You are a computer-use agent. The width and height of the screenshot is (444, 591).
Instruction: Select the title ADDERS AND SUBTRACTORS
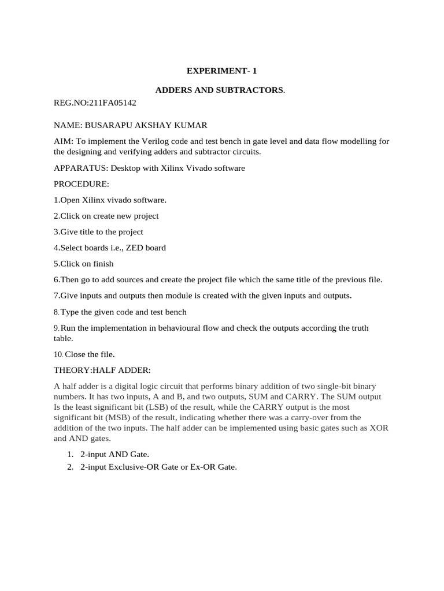coord(220,91)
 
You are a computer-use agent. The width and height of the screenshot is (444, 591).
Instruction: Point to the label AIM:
coord(63,142)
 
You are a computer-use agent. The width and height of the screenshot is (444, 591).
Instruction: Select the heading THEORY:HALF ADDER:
coord(102,370)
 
